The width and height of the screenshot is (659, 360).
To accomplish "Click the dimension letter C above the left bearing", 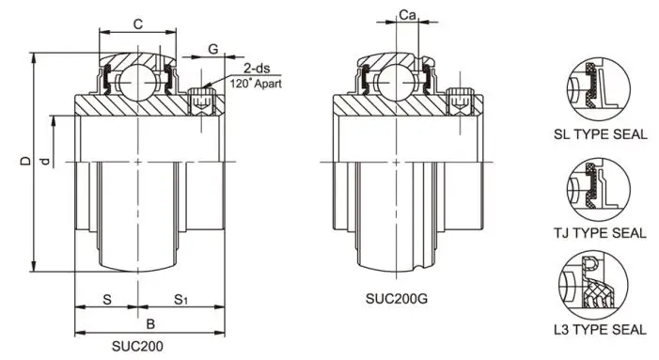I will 137,23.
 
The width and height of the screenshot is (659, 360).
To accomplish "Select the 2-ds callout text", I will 257,69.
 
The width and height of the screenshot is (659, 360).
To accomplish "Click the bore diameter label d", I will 44,162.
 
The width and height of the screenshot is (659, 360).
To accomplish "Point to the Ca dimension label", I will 407,15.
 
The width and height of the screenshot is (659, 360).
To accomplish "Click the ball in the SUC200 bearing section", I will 139,74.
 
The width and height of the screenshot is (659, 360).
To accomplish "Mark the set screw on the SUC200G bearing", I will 460,100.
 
